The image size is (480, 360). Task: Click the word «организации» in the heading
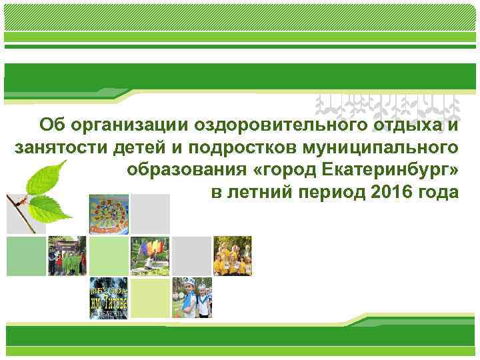[127, 124]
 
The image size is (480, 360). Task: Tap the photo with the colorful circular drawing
[108, 214]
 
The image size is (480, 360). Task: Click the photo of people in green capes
[67, 255]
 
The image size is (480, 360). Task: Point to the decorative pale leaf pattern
[387, 107]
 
